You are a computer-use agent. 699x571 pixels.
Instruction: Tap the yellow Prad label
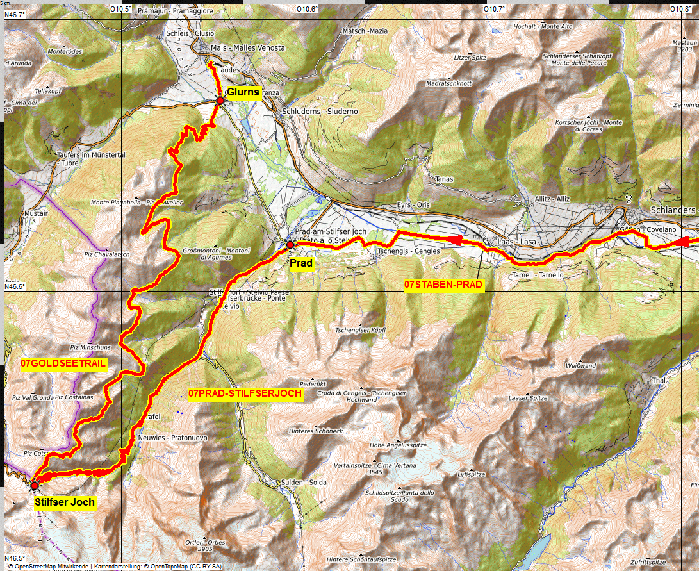pyautogui.click(x=300, y=263)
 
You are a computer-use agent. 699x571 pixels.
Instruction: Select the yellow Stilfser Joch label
pyautogui.click(x=65, y=502)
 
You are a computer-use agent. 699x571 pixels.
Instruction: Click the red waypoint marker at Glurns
pyautogui.click(x=220, y=101)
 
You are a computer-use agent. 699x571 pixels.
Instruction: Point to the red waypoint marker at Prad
pyautogui.click(x=290, y=244)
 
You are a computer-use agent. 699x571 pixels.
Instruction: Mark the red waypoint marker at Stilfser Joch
pyautogui.click(x=34, y=485)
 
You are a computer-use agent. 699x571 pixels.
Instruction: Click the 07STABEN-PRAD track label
pyautogui.click(x=443, y=285)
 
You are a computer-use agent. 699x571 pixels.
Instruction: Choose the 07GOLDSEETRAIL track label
pyautogui.click(x=63, y=363)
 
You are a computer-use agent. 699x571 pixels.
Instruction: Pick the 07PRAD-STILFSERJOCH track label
pyautogui.click(x=245, y=393)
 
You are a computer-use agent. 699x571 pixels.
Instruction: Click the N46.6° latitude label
pyautogui.click(x=15, y=287)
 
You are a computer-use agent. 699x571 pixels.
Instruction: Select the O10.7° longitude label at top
pyautogui.click(x=494, y=9)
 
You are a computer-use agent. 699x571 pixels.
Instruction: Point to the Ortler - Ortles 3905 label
pyautogui.click(x=204, y=545)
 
